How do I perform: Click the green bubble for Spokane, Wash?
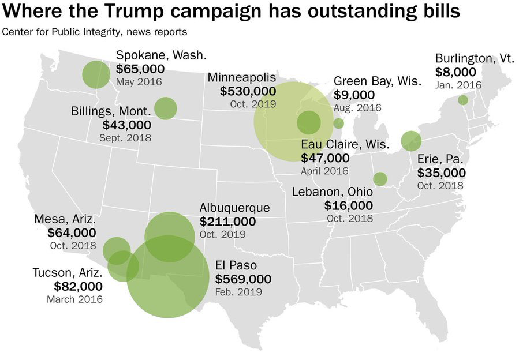96,74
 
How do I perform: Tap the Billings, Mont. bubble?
166,108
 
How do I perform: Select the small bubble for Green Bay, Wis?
339,123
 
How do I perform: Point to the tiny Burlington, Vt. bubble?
463,100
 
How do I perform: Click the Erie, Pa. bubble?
411,140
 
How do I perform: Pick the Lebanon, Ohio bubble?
380,179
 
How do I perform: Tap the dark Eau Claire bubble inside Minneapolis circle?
309,122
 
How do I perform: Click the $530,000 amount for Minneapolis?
248,91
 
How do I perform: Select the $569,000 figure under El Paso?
243,279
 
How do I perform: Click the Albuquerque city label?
234,208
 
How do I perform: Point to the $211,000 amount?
227,222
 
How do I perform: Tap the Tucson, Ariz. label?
68,272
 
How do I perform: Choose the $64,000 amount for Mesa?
72,232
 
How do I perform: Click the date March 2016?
74,299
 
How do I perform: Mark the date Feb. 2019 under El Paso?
238,292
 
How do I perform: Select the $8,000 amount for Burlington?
455,72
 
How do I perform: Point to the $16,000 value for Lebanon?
349,205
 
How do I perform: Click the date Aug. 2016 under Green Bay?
357,107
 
